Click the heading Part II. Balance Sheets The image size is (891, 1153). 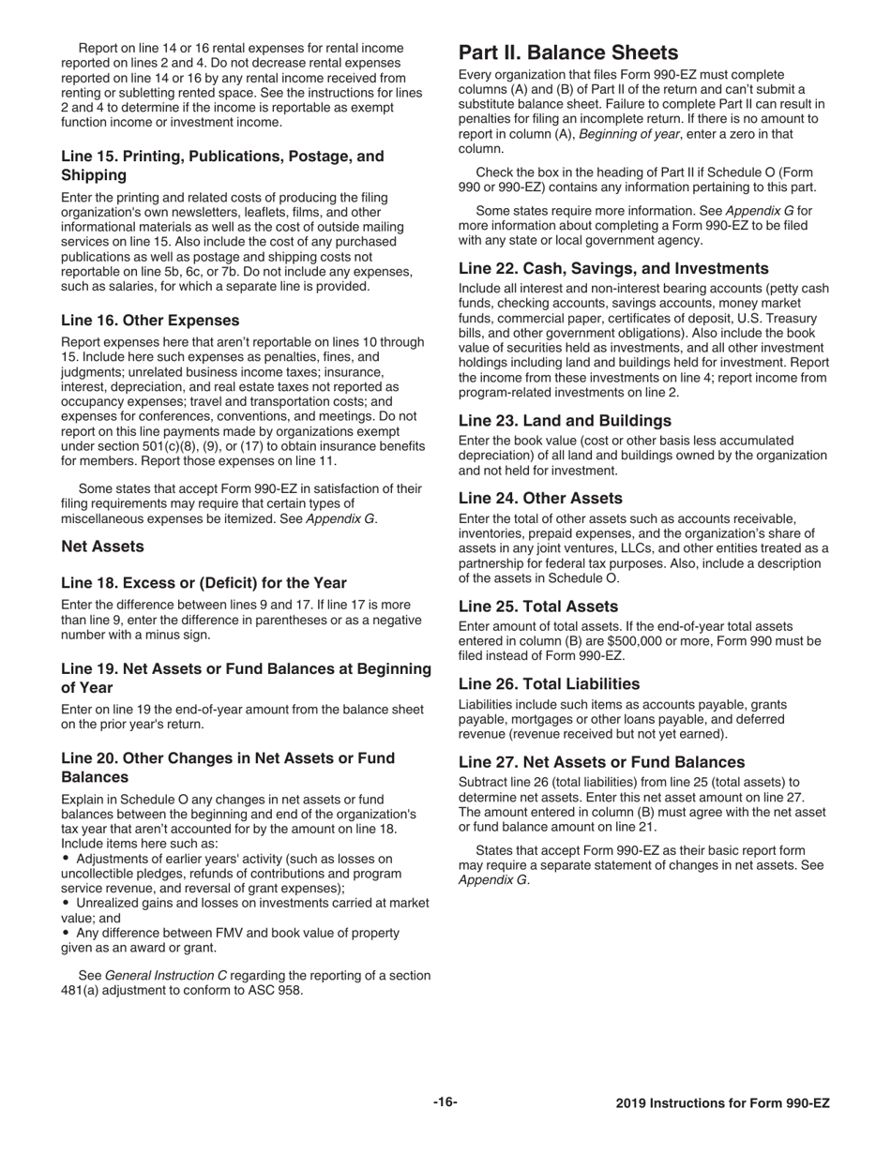click(x=569, y=52)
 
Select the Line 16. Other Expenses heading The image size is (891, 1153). click(x=150, y=320)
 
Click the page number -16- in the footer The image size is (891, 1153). click(x=445, y=1102)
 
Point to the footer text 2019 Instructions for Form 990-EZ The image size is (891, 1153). click(x=722, y=1103)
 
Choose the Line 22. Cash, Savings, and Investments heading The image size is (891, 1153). click(x=613, y=268)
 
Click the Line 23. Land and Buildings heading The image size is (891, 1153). click(x=565, y=421)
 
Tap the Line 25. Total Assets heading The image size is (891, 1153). click(x=538, y=606)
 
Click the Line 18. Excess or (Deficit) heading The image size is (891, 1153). click(x=204, y=583)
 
